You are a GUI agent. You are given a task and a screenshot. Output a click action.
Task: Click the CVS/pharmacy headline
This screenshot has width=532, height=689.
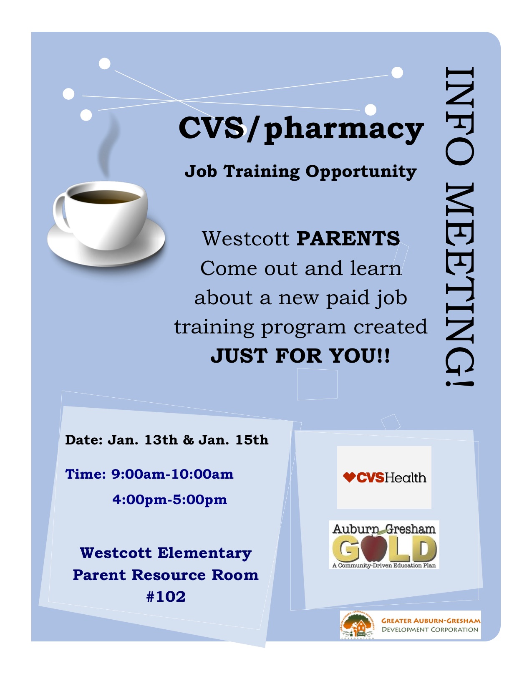point(301,129)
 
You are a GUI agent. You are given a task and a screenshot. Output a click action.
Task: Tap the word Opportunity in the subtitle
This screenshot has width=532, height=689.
point(361,172)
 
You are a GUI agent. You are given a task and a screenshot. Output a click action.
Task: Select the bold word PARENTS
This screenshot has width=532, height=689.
point(348,238)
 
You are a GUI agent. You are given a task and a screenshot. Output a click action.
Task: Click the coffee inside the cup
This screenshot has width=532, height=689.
point(105,197)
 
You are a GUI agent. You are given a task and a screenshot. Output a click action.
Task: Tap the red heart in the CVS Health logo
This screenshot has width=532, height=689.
point(349,477)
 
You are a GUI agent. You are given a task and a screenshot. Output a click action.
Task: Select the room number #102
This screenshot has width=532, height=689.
point(166,597)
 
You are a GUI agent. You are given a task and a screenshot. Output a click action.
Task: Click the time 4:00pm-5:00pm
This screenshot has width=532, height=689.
point(170,500)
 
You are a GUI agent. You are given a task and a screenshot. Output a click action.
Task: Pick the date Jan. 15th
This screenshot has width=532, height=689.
point(233,440)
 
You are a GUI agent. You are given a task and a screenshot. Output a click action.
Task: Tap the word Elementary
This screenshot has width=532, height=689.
point(204,553)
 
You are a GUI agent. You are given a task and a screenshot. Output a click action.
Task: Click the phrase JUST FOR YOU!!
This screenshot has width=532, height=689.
point(300,356)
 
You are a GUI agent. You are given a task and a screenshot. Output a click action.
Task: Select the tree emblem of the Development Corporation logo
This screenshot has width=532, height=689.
point(358,625)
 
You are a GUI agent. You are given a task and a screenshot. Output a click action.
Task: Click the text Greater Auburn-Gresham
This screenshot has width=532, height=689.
point(431,621)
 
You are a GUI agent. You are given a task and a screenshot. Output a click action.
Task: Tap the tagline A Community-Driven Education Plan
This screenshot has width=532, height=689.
point(384,565)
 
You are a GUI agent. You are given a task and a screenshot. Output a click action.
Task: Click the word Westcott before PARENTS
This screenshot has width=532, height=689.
point(246,238)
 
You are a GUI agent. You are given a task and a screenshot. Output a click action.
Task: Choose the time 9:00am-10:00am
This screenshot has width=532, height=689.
point(172,474)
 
